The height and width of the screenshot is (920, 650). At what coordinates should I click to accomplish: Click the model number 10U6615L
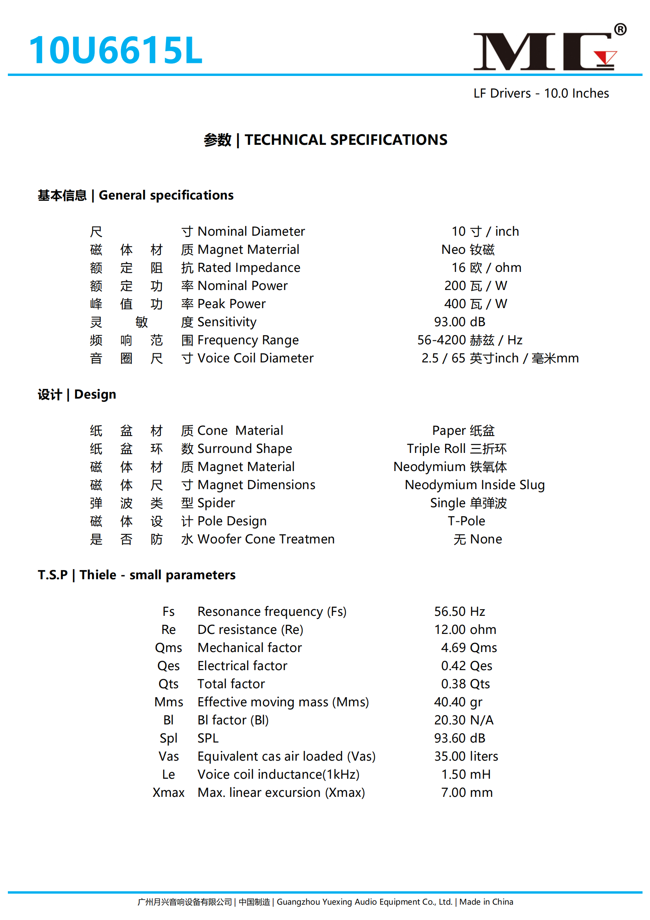click(116, 50)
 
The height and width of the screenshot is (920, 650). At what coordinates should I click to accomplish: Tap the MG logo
click(545, 51)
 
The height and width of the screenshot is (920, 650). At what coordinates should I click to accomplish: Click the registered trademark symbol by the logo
click(620, 29)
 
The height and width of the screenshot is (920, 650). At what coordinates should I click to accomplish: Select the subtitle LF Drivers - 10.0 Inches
click(541, 93)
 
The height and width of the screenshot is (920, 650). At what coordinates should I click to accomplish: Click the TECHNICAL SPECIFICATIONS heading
click(346, 140)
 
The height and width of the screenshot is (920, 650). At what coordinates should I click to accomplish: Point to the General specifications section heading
click(166, 195)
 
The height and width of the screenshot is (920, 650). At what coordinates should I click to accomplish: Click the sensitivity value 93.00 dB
click(459, 322)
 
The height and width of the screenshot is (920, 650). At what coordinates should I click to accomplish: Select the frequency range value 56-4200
click(442, 340)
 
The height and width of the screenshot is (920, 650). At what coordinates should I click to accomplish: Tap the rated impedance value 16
click(458, 267)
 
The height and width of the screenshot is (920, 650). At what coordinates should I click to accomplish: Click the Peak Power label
click(231, 304)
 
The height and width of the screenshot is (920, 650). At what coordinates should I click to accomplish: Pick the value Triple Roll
click(436, 448)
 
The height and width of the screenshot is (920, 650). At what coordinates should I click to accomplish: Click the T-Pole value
click(466, 521)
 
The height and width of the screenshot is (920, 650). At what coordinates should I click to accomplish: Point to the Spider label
click(216, 503)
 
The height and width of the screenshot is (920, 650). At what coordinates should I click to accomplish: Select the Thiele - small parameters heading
click(157, 575)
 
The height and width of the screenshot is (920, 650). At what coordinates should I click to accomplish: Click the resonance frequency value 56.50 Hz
click(459, 611)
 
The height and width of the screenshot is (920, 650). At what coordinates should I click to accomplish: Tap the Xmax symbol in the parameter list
click(169, 793)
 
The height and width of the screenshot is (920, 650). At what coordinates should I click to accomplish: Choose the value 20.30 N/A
click(463, 720)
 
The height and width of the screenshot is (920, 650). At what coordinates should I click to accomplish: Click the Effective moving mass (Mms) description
click(283, 702)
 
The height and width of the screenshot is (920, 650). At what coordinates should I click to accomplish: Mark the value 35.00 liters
click(466, 756)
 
